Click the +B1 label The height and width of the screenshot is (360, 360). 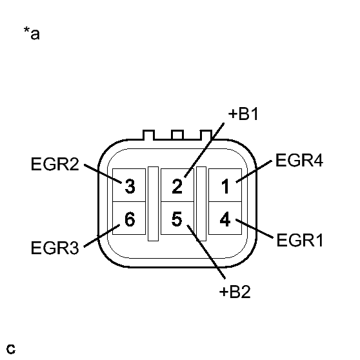coord(243,115)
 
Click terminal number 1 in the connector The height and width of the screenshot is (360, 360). coord(225,187)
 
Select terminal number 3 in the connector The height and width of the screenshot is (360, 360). coord(130,187)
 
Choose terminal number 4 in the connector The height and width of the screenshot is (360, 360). coord(225,219)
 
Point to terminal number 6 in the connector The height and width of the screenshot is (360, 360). coord(130,219)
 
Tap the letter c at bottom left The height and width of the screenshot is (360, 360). coord(10,350)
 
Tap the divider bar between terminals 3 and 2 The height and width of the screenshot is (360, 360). coord(153,204)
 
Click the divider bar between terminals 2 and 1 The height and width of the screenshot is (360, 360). coord(201,204)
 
